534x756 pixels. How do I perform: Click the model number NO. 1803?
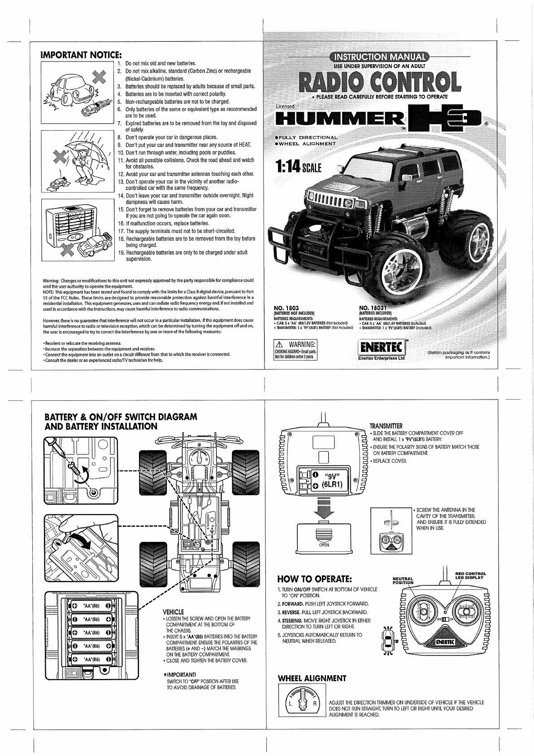tap(287, 308)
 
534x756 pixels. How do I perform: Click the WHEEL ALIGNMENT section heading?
tap(312, 678)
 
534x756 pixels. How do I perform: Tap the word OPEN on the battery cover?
tap(324, 545)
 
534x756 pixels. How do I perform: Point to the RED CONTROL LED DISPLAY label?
tap(470, 576)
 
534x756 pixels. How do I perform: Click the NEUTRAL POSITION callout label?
tap(403, 580)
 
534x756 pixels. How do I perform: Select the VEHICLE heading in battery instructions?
tap(173, 611)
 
